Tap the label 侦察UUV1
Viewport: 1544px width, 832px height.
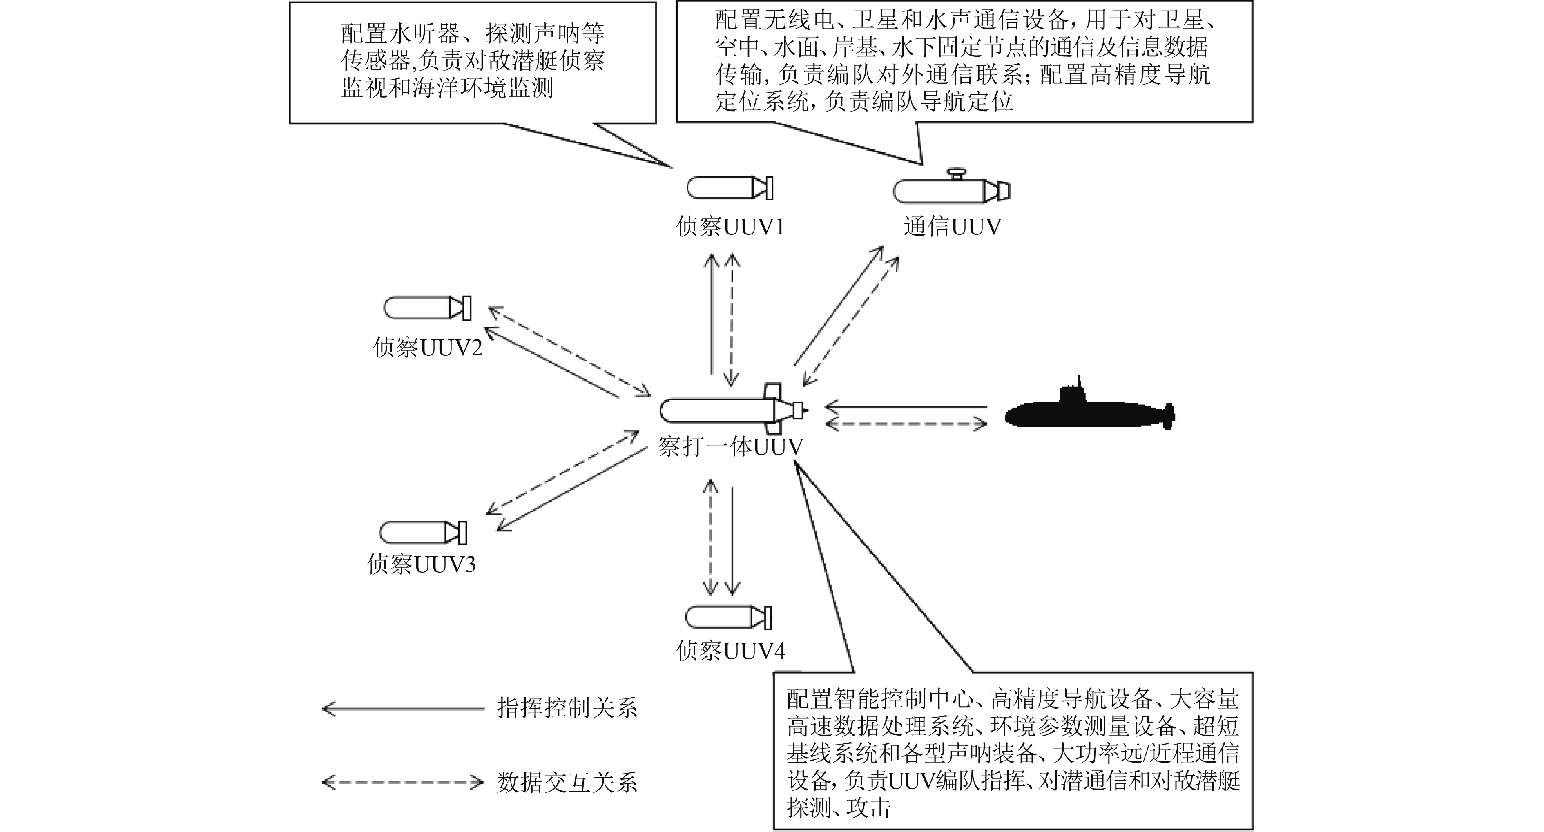[730, 227]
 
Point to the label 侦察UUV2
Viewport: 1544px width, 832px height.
[427, 347]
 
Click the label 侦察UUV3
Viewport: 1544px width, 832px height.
[422, 564]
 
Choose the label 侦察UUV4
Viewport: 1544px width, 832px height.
[730, 650]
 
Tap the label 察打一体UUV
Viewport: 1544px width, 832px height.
[730, 446]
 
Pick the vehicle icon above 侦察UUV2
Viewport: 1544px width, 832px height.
[427, 308]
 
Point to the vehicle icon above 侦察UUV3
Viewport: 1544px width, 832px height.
[423, 532]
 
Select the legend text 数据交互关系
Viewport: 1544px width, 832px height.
[567, 782]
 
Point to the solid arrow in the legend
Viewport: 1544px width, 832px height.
[403, 709]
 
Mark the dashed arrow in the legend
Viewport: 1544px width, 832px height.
[403, 782]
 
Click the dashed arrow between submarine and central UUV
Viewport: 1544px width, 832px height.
[906, 424]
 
